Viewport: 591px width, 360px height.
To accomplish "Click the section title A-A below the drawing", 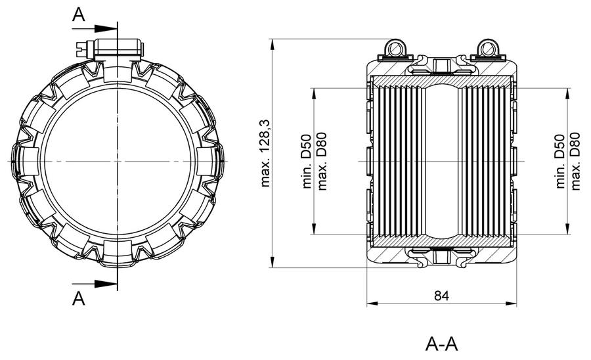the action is (x=441, y=344).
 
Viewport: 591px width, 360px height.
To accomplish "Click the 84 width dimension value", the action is (x=441, y=296).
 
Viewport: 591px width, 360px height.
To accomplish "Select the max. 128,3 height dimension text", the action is (x=266, y=154).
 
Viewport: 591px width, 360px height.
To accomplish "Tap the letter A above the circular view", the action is (x=78, y=15).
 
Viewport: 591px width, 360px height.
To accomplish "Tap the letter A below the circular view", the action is (x=78, y=298).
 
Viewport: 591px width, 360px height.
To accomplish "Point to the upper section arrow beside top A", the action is (x=95, y=28).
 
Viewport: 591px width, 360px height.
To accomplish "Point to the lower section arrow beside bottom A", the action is (x=95, y=284).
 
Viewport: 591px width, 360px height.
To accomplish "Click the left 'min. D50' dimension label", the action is (x=307, y=162).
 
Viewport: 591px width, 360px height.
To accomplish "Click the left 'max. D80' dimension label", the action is (x=322, y=162).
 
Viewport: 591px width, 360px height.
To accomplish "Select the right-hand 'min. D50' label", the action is (x=560, y=162).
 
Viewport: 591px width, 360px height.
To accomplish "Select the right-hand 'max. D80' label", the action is (x=575, y=162).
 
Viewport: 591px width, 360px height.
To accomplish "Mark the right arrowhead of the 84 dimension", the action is (x=511, y=304).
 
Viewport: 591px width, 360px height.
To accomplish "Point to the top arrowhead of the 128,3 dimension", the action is (x=273, y=45).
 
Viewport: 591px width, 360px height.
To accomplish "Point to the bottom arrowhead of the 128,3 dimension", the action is (x=273, y=262).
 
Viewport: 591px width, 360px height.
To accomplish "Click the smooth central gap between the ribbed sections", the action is (x=442, y=162).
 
